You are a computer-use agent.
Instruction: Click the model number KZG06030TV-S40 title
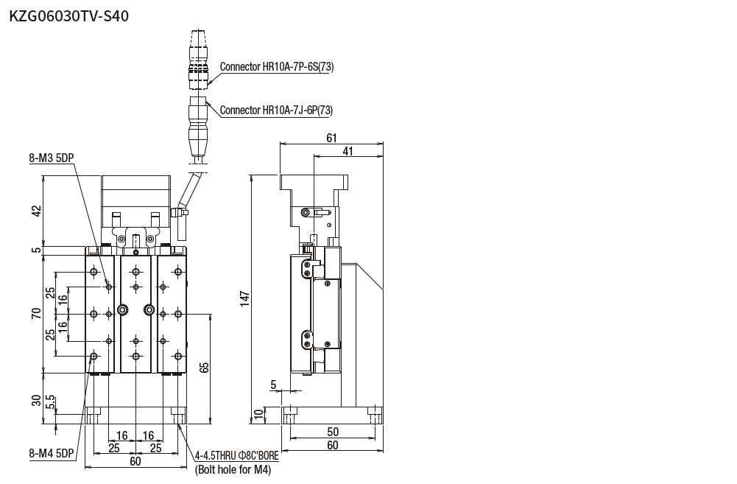pyautogui.click(x=69, y=15)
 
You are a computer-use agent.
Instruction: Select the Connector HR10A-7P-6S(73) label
pyautogui.click(x=277, y=67)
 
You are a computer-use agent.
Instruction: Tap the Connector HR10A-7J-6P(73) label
pyautogui.click(x=276, y=111)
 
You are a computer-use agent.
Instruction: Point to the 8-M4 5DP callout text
pyautogui.click(x=52, y=454)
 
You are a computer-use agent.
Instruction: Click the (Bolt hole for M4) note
pyautogui.click(x=233, y=470)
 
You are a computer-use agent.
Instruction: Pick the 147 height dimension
pyautogui.click(x=246, y=298)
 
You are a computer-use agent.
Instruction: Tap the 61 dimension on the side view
pyautogui.click(x=331, y=138)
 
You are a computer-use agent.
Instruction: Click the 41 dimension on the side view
pyautogui.click(x=348, y=151)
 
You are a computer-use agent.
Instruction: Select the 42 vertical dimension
pyautogui.click(x=36, y=211)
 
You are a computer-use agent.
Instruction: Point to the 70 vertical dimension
pyautogui.click(x=36, y=314)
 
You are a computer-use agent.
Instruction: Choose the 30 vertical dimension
pyautogui.click(x=36, y=400)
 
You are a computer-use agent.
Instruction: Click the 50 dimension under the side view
pyautogui.click(x=333, y=432)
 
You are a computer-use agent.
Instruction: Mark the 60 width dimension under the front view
pyautogui.click(x=135, y=461)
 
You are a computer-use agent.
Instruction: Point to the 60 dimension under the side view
pyautogui.click(x=333, y=445)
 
